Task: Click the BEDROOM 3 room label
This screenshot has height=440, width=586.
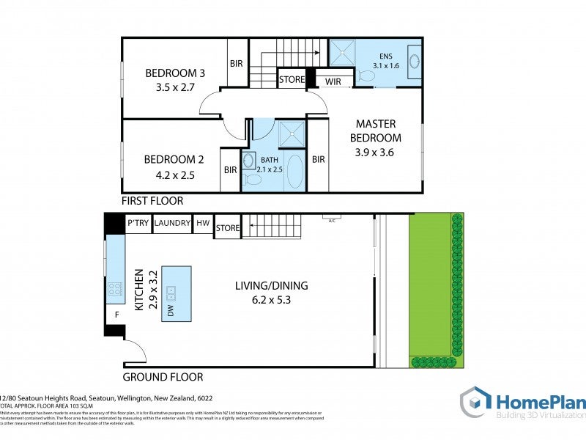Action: click(174, 73)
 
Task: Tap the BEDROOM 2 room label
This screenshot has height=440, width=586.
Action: click(174, 159)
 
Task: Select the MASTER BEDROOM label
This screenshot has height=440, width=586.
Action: click(375, 131)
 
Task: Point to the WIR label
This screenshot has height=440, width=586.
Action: click(333, 81)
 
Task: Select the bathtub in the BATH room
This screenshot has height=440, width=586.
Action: click(295, 172)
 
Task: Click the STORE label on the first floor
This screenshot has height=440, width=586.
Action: click(292, 80)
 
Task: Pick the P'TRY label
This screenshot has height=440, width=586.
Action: click(138, 223)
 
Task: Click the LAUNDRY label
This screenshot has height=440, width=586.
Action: click(173, 223)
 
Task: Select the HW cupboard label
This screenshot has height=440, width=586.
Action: click(203, 223)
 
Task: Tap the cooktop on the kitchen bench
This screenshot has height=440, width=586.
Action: click(115, 288)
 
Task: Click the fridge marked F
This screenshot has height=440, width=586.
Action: click(116, 315)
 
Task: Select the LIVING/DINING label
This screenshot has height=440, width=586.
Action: click(271, 286)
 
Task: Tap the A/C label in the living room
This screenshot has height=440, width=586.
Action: click(332, 219)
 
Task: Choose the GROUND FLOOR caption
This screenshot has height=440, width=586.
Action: click(163, 377)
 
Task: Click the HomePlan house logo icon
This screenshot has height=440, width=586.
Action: click(475, 403)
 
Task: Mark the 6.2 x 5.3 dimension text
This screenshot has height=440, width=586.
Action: click(271, 299)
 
